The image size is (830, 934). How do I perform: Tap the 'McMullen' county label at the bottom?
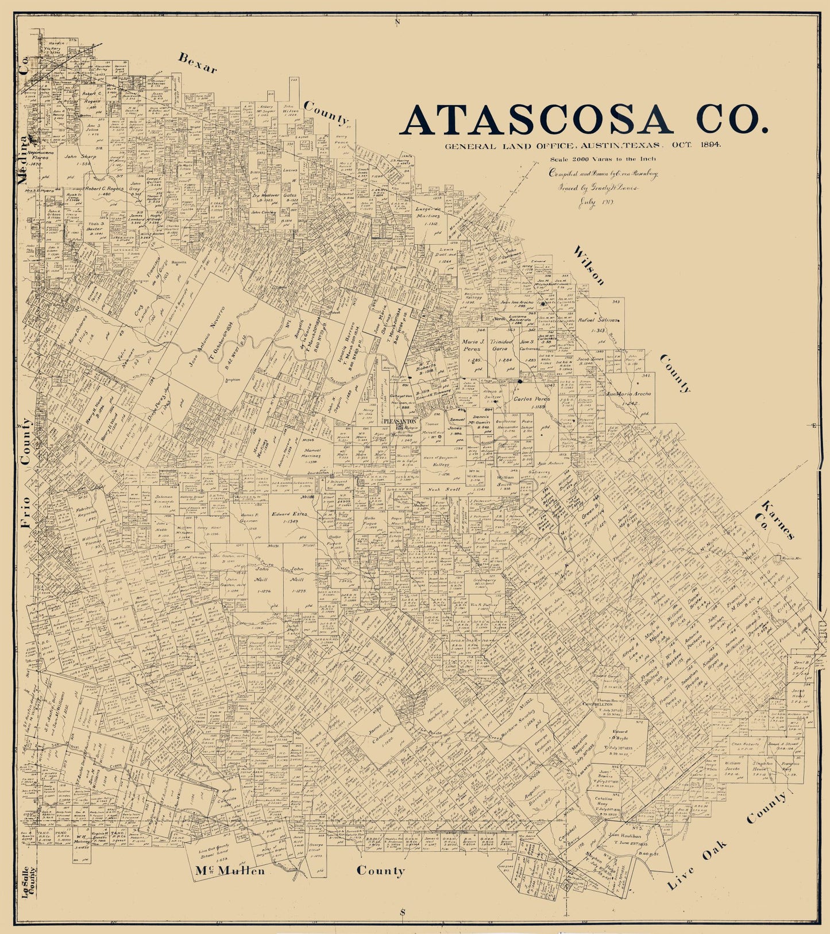click(x=230, y=871)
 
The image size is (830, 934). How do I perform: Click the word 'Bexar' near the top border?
click(x=197, y=63)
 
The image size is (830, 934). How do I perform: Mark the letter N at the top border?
click(x=396, y=22)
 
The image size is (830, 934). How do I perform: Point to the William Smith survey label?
click(x=505, y=481)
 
